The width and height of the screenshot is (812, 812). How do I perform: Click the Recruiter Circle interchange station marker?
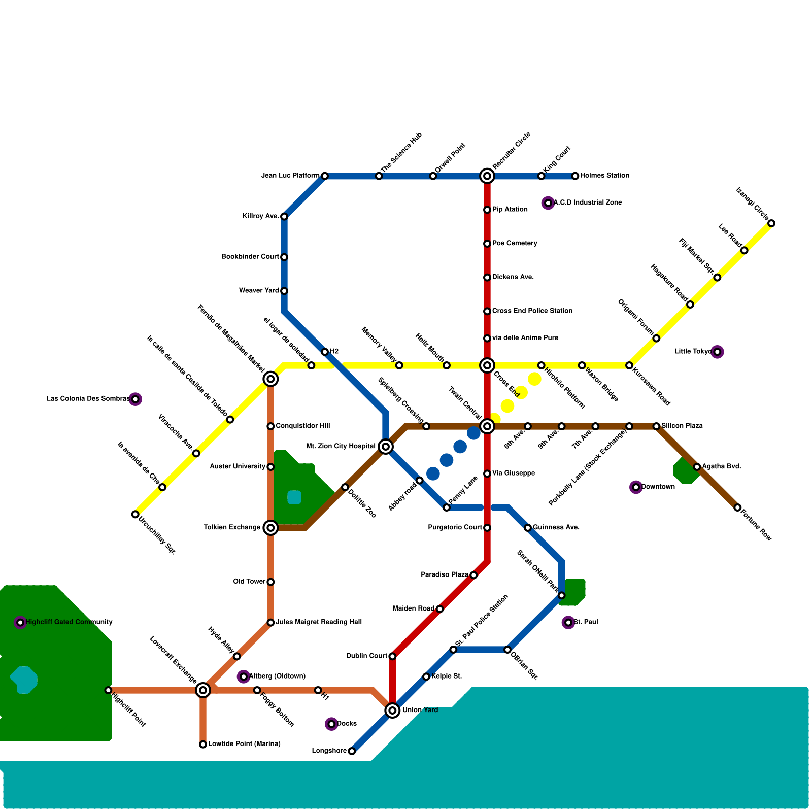pyautogui.click(x=487, y=176)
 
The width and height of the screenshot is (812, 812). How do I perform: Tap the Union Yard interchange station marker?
pyautogui.click(x=392, y=710)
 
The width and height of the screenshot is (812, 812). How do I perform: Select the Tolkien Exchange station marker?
pyautogui.click(x=270, y=528)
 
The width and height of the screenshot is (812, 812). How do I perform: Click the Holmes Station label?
pyautogui.click(x=604, y=176)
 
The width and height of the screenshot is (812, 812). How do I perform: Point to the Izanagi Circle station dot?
pyautogui.click(x=771, y=223)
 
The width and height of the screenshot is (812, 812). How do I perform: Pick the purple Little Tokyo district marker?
pyautogui.click(x=717, y=352)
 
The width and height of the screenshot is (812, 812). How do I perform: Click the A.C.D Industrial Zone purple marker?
pyautogui.click(x=548, y=203)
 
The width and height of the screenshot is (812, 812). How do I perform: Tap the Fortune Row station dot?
pyautogui.click(x=737, y=507)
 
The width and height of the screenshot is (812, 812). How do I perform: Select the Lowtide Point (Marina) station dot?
pyautogui.click(x=203, y=745)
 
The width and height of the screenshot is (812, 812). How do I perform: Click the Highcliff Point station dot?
pyautogui.click(x=108, y=690)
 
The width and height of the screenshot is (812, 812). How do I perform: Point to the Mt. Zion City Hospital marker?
pyautogui.click(x=386, y=447)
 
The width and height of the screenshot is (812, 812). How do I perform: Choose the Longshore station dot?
pyautogui.click(x=352, y=751)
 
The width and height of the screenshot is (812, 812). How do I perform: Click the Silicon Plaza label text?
pyautogui.click(x=682, y=426)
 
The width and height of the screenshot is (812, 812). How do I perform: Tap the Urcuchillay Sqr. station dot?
pyautogui.click(x=135, y=514)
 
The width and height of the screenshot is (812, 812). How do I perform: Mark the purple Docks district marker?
pyautogui.click(x=331, y=724)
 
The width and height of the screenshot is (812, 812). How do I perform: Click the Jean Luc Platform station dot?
pyautogui.click(x=325, y=176)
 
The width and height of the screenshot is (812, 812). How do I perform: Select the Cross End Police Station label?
pyautogui.click(x=532, y=311)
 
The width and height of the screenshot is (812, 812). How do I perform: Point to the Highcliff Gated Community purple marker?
pyautogui.click(x=20, y=622)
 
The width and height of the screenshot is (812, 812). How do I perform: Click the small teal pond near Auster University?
pyautogui.click(x=294, y=497)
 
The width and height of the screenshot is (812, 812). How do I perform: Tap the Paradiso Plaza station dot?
pyautogui.click(x=473, y=575)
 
